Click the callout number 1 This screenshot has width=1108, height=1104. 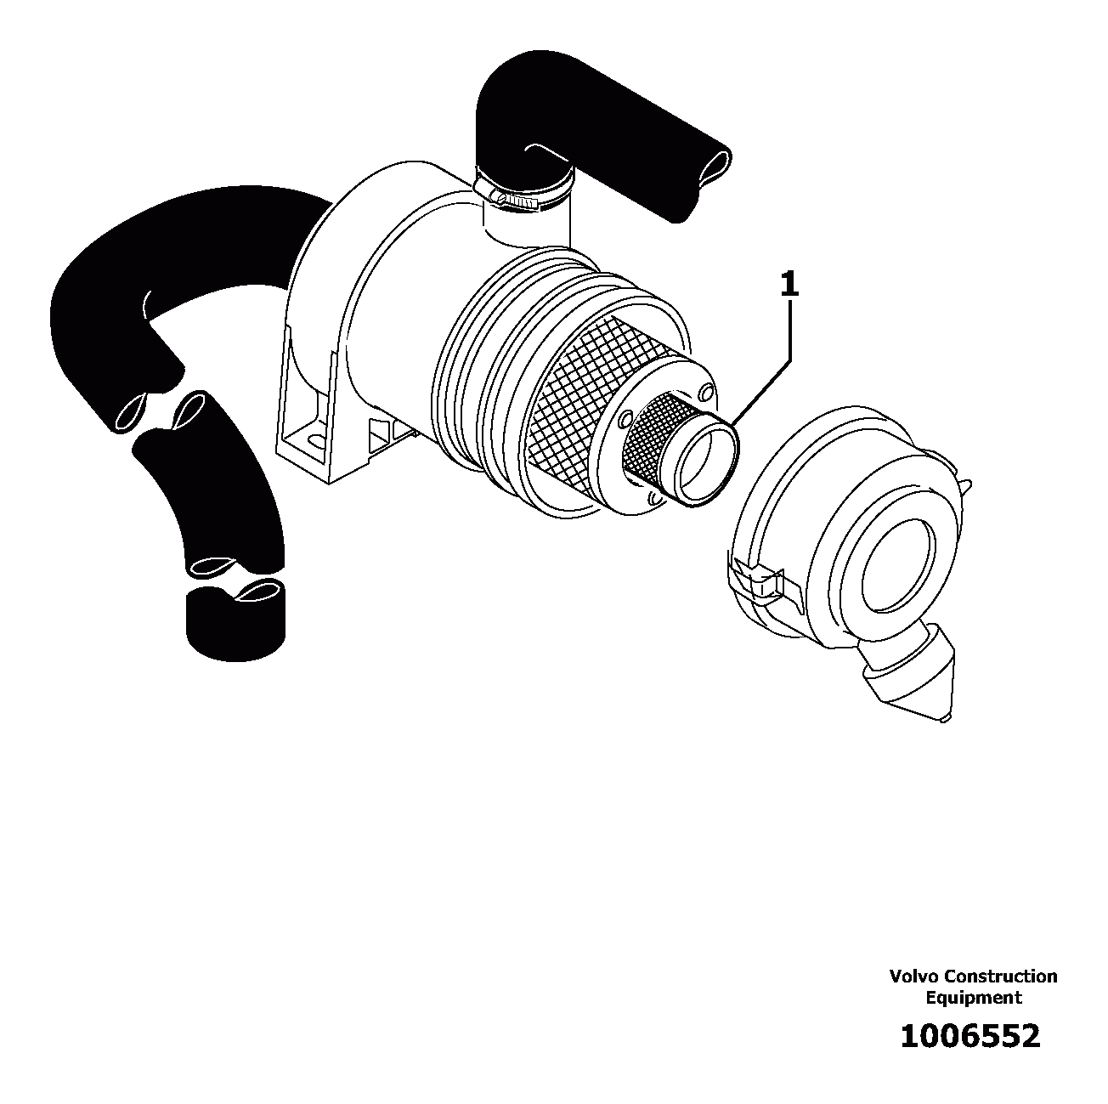[789, 284]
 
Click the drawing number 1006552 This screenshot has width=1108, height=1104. [969, 1036]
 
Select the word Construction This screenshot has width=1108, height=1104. [1001, 977]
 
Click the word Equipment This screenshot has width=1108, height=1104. [973, 998]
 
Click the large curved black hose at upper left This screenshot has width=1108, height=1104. [153, 255]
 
